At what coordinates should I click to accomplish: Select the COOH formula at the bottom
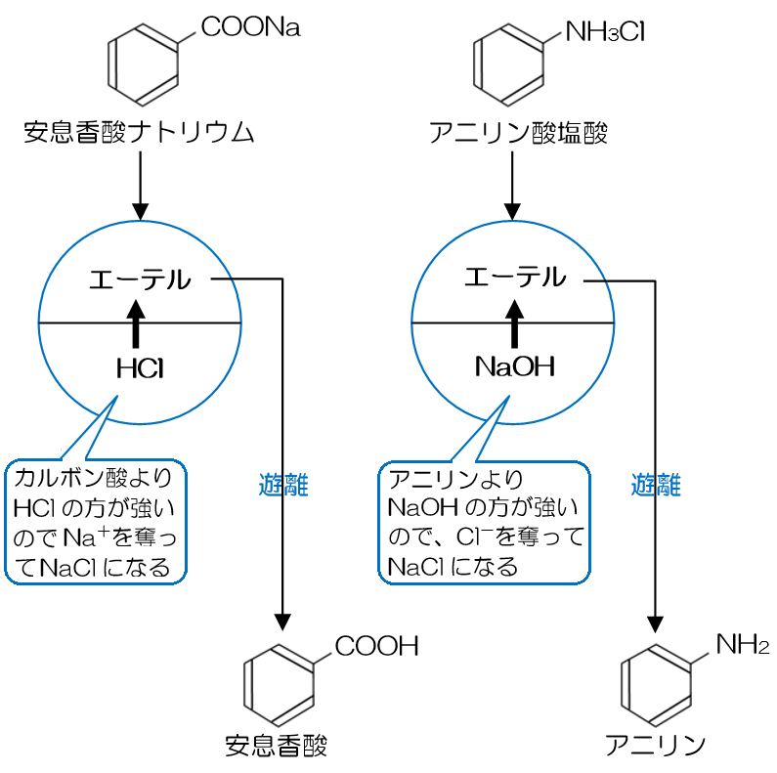tap(376, 645)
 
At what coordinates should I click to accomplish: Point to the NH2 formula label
tap(742, 644)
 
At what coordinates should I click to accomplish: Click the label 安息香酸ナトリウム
tap(138, 132)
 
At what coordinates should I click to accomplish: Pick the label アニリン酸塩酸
tap(518, 132)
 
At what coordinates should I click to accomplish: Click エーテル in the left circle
tap(140, 279)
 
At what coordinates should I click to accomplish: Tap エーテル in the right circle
tap(515, 279)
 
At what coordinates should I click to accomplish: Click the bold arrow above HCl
tap(137, 322)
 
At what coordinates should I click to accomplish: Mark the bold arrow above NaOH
tap(512, 322)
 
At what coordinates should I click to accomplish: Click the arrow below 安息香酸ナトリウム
tap(140, 186)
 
